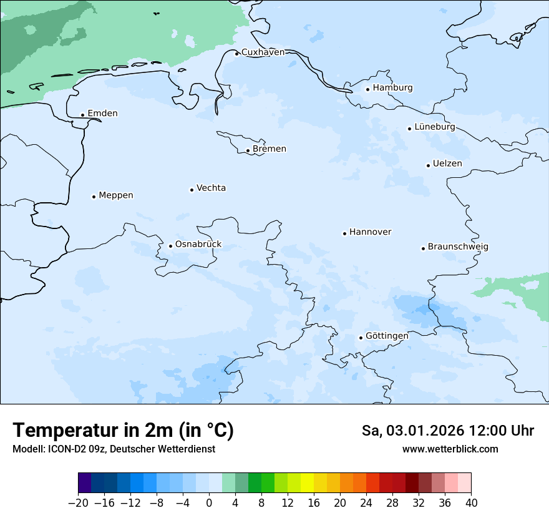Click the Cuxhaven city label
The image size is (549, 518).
coord(263,52)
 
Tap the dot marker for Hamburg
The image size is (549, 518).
coord(368,89)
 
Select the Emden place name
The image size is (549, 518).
coord(102,114)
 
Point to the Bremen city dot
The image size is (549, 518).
coord(248,150)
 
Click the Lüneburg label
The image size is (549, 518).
coord(435,127)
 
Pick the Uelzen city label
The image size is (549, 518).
coord(447,164)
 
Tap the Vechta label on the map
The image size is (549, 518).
coord(211,188)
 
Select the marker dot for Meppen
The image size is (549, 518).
coord(94,197)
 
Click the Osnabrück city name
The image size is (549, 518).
coord(198,244)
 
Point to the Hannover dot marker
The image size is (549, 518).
coord(344,233)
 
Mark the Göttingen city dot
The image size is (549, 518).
coord(361,338)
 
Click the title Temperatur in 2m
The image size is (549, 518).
coord(123,431)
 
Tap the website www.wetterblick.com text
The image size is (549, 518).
coord(450,449)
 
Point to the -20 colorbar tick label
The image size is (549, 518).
coord(78,503)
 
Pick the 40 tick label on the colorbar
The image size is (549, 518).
coord(471,503)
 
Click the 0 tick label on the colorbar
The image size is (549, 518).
coord(209,503)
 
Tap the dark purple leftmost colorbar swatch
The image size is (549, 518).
coord(85,483)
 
